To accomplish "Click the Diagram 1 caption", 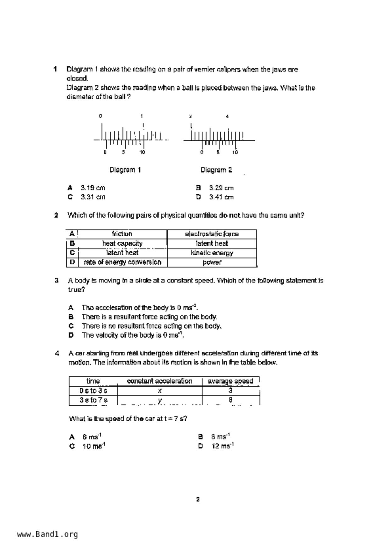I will coord(125,170).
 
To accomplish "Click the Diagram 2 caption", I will coord(216,170).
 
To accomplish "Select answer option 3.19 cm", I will coord(93,188).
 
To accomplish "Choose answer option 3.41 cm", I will coord(221,197).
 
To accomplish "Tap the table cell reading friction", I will coord(122,234).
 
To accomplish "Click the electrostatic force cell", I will coord(212,234).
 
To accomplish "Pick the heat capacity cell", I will coord(122,243).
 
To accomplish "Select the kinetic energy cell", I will coord(212,253).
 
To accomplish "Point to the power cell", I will coord(212,262).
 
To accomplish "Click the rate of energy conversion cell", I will coord(122,262).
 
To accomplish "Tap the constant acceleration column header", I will coord(160,381).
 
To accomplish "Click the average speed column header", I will coord(230,381).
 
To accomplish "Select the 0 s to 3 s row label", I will coord(93,391).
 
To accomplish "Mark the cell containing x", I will coord(160,391).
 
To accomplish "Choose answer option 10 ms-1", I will coord(93,446).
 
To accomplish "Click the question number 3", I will coord(57,280).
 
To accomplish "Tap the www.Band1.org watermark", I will coord(47,534).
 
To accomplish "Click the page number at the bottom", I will coord(198,499).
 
